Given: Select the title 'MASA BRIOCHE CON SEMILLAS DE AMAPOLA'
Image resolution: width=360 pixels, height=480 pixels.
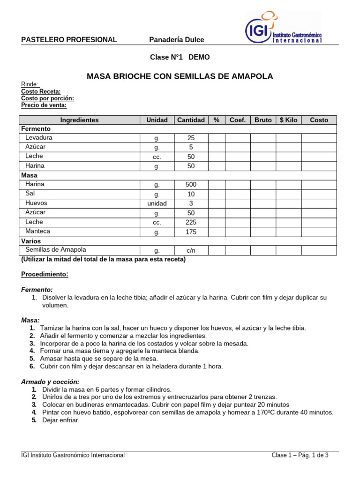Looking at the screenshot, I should tap(180, 76).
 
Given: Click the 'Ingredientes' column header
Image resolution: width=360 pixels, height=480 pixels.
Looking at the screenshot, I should tap(80, 120).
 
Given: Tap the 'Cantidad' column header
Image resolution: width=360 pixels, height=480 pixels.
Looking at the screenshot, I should tap(191, 120).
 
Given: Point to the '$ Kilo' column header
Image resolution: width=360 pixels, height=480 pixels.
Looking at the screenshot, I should tap(288, 120).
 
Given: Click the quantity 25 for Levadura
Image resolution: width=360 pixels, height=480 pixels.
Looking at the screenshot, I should tap(191, 138).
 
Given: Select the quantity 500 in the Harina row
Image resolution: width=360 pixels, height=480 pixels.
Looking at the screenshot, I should tap(191, 185).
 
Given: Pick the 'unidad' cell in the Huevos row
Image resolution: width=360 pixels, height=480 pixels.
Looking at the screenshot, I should tap(157, 203).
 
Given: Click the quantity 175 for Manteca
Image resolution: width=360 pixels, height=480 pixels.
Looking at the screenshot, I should tap(191, 232).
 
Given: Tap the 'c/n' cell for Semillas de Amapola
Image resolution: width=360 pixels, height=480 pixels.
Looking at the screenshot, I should tap(191, 250).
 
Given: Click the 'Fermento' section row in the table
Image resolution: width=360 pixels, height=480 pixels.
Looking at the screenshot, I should tap(36, 128).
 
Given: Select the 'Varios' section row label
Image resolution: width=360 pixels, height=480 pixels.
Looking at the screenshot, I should tap(31, 241).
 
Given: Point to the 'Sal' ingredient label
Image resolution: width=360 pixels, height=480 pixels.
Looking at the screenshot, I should tap(30, 194).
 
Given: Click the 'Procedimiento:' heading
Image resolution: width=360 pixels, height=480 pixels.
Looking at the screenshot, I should tap(45, 274).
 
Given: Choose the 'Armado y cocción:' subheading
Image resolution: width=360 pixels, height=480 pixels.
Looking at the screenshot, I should tap(50, 382).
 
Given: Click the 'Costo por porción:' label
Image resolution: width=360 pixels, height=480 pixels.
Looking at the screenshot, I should tap(47, 98).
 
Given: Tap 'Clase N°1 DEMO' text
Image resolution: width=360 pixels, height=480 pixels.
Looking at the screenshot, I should tap(180, 57).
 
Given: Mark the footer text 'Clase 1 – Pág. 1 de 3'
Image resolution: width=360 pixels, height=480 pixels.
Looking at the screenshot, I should tap(300, 455).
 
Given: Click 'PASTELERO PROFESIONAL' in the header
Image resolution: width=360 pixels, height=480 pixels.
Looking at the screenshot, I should tap(69, 40).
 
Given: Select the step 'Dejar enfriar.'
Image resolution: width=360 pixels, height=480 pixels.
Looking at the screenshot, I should tap(61, 420).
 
